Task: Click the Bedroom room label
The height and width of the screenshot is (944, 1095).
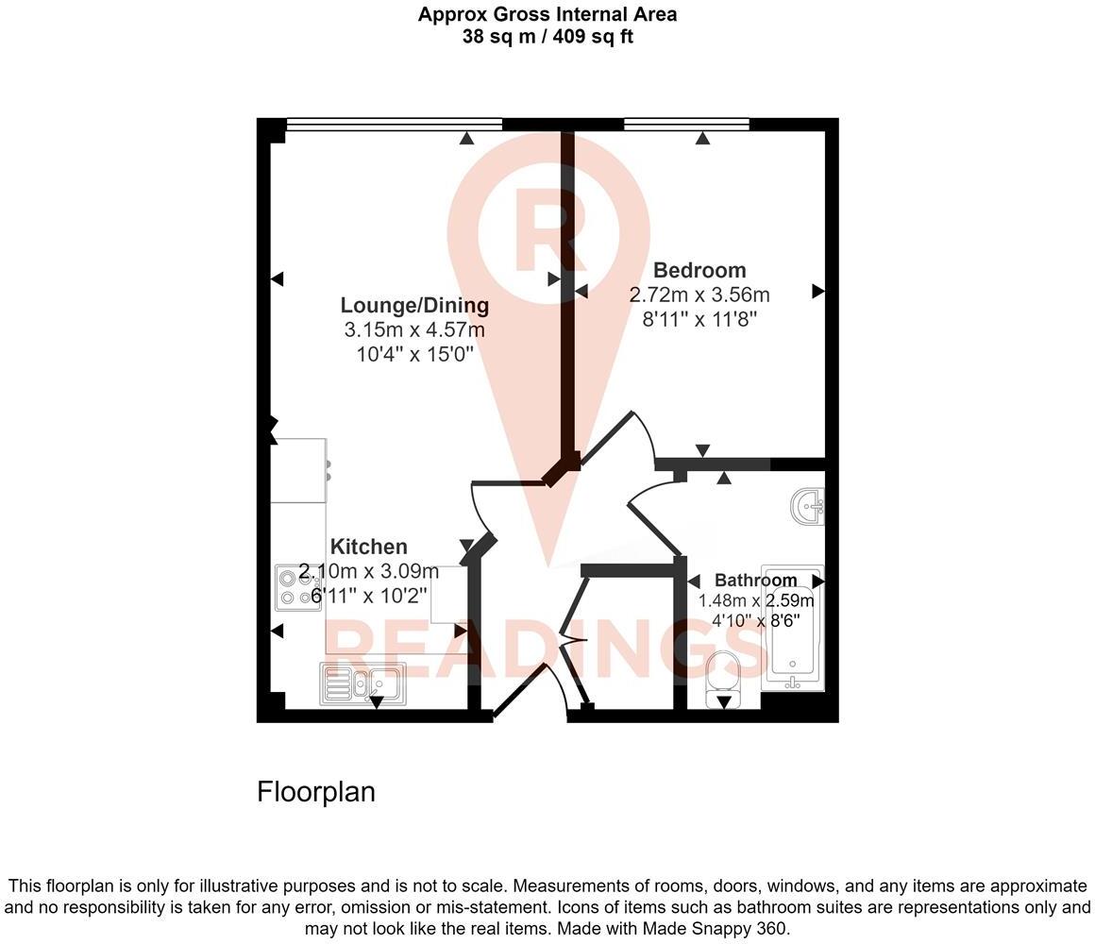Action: pyautogui.click(x=699, y=271)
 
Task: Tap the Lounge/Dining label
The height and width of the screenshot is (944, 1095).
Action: pyautogui.click(x=414, y=306)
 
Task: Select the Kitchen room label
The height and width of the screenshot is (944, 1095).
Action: pyautogui.click(x=369, y=548)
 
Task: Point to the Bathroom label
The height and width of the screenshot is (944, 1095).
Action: pyautogui.click(x=755, y=581)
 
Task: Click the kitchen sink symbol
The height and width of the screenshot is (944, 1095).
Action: pyautogui.click(x=362, y=683)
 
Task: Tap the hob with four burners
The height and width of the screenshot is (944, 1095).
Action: pyautogui.click(x=296, y=587)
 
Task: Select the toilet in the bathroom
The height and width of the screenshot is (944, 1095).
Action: pyautogui.click(x=725, y=676)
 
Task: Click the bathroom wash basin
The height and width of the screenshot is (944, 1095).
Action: pyautogui.click(x=810, y=506)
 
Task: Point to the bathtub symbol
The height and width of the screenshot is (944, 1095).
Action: pyautogui.click(x=793, y=623)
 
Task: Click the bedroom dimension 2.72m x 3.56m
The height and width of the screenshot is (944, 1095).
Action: pyautogui.click(x=699, y=295)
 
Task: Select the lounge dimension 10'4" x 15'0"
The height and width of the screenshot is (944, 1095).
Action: pyautogui.click(x=414, y=354)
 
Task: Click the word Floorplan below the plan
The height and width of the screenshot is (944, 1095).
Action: pyautogui.click(x=316, y=792)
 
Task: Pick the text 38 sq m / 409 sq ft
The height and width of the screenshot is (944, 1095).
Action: pyautogui.click(x=547, y=38)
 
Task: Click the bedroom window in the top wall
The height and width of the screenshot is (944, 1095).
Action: pyautogui.click(x=686, y=124)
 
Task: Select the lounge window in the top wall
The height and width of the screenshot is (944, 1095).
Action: pyautogui.click(x=394, y=124)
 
